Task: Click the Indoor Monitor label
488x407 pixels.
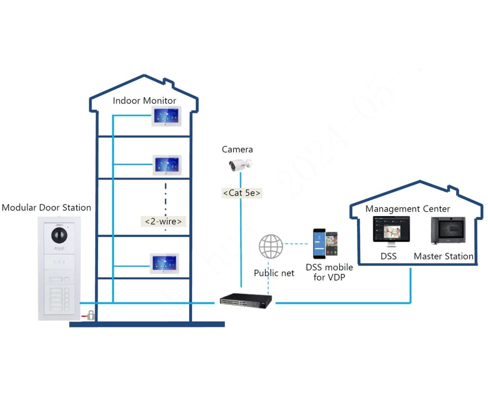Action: [x=144, y=101]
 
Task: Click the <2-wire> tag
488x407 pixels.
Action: [x=163, y=221]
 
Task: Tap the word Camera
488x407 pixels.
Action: [x=237, y=150]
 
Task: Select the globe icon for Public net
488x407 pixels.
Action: [x=271, y=247]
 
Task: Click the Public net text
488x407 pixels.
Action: [x=274, y=273]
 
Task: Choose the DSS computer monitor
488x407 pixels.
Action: [x=391, y=231]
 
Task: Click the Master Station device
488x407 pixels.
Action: [x=448, y=231]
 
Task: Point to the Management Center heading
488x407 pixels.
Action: [x=408, y=209]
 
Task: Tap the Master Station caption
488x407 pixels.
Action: [x=443, y=256]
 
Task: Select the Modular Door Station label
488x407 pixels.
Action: [x=46, y=208]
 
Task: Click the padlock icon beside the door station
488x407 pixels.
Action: [x=91, y=315]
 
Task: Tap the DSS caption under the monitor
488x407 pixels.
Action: [x=389, y=256]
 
